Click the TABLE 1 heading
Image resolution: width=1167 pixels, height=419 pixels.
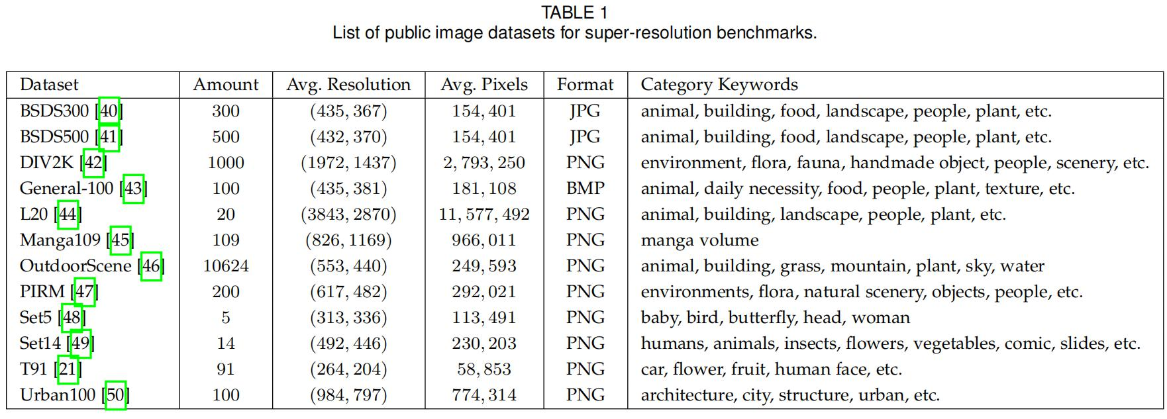pyautogui.click(x=574, y=12)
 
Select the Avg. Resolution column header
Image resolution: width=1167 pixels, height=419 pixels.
pyautogui.click(x=348, y=85)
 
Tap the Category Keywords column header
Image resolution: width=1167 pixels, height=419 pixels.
pyautogui.click(x=719, y=85)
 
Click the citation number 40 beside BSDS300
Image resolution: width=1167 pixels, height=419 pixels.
pyautogui.click(x=109, y=111)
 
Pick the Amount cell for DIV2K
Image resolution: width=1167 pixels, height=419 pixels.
pyautogui.click(x=226, y=163)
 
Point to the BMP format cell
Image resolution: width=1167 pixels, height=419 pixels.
pyautogui.click(x=585, y=189)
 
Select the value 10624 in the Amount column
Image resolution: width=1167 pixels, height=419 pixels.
pyautogui.click(x=226, y=266)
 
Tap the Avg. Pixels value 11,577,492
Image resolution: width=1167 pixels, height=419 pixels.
pyautogui.click(x=484, y=214)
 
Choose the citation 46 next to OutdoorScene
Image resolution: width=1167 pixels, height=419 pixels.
pyautogui.click(x=152, y=266)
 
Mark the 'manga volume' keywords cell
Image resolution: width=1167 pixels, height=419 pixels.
pyautogui.click(x=699, y=240)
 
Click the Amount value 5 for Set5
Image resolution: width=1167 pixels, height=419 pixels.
pyautogui.click(x=226, y=318)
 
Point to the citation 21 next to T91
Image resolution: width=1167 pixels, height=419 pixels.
pyautogui.click(x=68, y=369)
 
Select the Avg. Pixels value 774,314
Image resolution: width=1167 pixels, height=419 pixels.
pyautogui.click(x=484, y=395)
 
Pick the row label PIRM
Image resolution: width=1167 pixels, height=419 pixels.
pyautogui.click(x=42, y=292)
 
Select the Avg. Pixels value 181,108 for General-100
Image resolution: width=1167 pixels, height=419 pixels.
pyautogui.click(x=484, y=189)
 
